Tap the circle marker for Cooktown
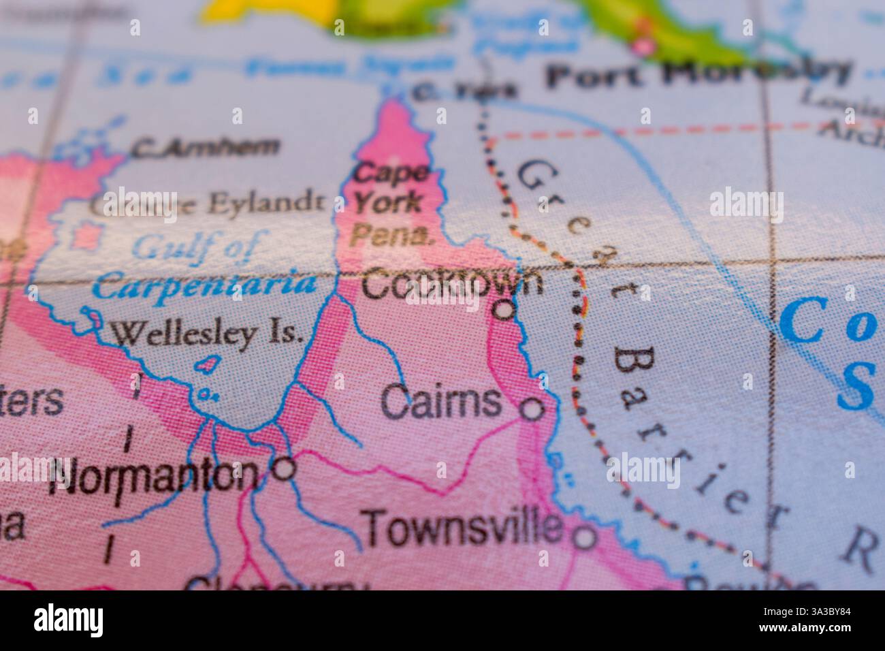click(503, 311)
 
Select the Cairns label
click(441, 402)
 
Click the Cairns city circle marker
click(532, 409)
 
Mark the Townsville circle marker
click(585, 538)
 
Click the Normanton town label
click(157, 475)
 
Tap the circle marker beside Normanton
click(284, 469)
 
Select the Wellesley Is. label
click(206, 334)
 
